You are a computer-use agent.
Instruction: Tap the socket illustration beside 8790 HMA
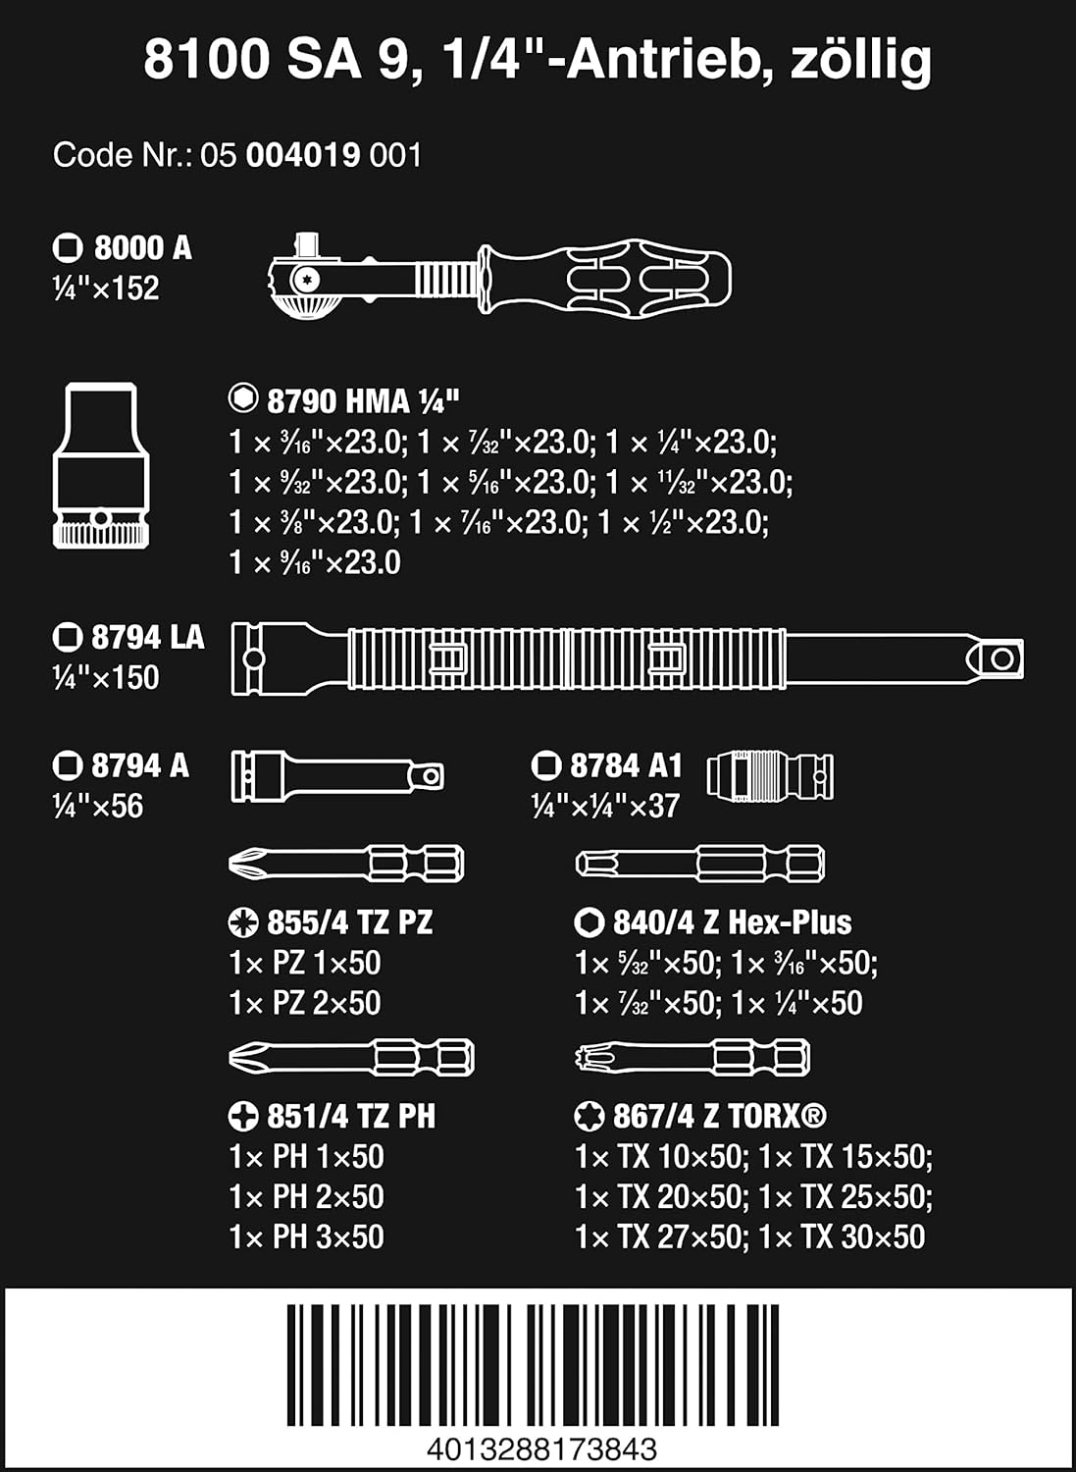point(101,465)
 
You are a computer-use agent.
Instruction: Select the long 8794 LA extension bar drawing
point(628,658)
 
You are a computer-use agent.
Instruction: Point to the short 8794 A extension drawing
point(337,777)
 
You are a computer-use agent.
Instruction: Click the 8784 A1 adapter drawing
point(770,776)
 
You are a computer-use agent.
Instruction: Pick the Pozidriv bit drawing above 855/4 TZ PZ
point(346,864)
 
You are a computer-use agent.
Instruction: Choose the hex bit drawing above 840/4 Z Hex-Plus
point(700,864)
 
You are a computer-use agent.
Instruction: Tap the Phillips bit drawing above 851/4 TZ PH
point(351,1057)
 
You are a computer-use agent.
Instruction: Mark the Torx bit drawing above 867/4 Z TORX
point(692,1057)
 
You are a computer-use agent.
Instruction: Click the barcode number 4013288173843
point(542,1449)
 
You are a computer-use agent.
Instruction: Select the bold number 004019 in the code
point(303,156)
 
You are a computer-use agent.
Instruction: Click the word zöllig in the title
point(860,61)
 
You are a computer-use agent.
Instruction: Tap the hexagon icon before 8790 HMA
point(243,398)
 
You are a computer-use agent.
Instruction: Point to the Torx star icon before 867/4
point(589,1116)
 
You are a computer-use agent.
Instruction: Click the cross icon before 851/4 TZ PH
point(243,1116)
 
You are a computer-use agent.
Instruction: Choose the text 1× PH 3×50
point(306,1236)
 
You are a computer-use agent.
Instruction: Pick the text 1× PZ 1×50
point(305,963)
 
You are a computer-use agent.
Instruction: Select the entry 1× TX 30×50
point(843,1236)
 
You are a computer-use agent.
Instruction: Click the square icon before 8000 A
point(68,247)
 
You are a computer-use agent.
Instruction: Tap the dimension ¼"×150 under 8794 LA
point(106,677)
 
